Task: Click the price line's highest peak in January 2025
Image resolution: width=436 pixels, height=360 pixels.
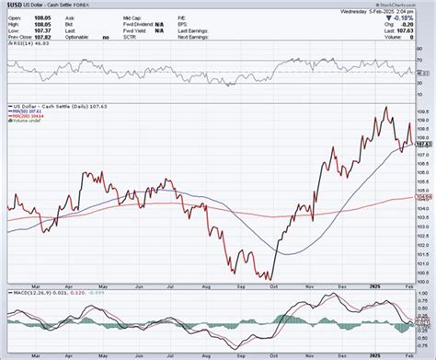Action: (x=384, y=108)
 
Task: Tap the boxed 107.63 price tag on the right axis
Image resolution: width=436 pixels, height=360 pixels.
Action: (x=424, y=144)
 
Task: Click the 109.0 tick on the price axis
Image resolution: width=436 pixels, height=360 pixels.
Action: (x=424, y=119)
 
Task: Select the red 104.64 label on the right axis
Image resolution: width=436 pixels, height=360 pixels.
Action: (x=424, y=197)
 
